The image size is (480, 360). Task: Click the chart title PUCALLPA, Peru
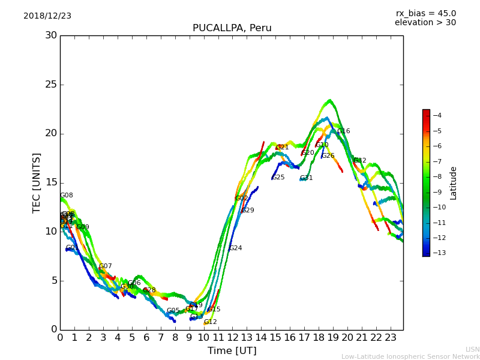[x=232, y=28]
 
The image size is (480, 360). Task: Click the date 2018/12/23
[x=47, y=16]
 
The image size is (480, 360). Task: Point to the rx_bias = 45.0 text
[x=425, y=13]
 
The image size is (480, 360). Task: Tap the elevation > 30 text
[x=425, y=23]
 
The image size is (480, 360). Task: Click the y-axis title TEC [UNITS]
[x=37, y=182]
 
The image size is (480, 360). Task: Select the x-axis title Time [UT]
[x=232, y=350]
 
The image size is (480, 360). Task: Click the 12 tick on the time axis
[x=232, y=338]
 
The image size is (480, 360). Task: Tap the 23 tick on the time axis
[x=390, y=338]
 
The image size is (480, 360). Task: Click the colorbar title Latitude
[x=454, y=182]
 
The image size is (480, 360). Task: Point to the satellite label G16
[x=343, y=131]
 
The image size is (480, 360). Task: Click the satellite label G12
[x=210, y=322]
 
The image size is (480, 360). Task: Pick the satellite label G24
[x=235, y=248]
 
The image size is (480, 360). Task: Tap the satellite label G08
[x=66, y=196]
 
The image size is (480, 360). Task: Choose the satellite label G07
[x=105, y=266]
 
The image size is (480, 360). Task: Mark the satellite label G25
[x=278, y=178]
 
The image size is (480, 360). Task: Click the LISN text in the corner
[x=472, y=349]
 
